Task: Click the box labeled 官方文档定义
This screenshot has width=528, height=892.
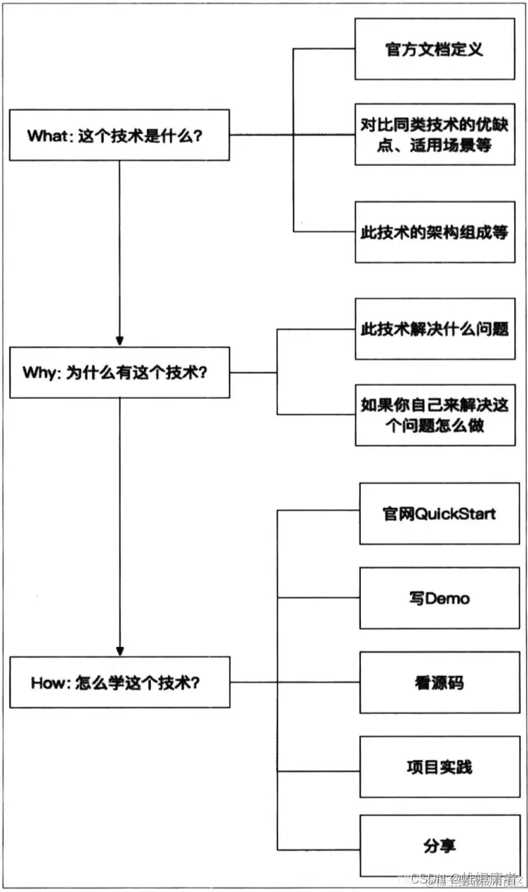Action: [x=435, y=50]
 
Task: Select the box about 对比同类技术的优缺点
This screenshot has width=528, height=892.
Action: [x=435, y=135]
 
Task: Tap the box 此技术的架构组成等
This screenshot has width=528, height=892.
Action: [x=435, y=232]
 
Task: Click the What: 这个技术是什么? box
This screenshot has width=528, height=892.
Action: [x=119, y=135]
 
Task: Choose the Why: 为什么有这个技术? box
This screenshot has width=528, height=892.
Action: [x=119, y=372]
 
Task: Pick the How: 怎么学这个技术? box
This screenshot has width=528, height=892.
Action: [x=119, y=681]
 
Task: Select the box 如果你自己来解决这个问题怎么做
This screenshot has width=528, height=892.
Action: [x=435, y=415]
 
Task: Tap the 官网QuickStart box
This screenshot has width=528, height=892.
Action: [x=440, y=513]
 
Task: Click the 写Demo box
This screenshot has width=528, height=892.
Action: [x=440, y=598]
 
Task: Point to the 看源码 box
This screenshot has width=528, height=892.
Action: [x=440, y=682]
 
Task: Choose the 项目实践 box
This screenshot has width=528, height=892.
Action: [x=440, y=766]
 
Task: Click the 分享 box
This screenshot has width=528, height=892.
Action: [x=440, y=845]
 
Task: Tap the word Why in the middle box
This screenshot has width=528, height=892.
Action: [x=41, y=373]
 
